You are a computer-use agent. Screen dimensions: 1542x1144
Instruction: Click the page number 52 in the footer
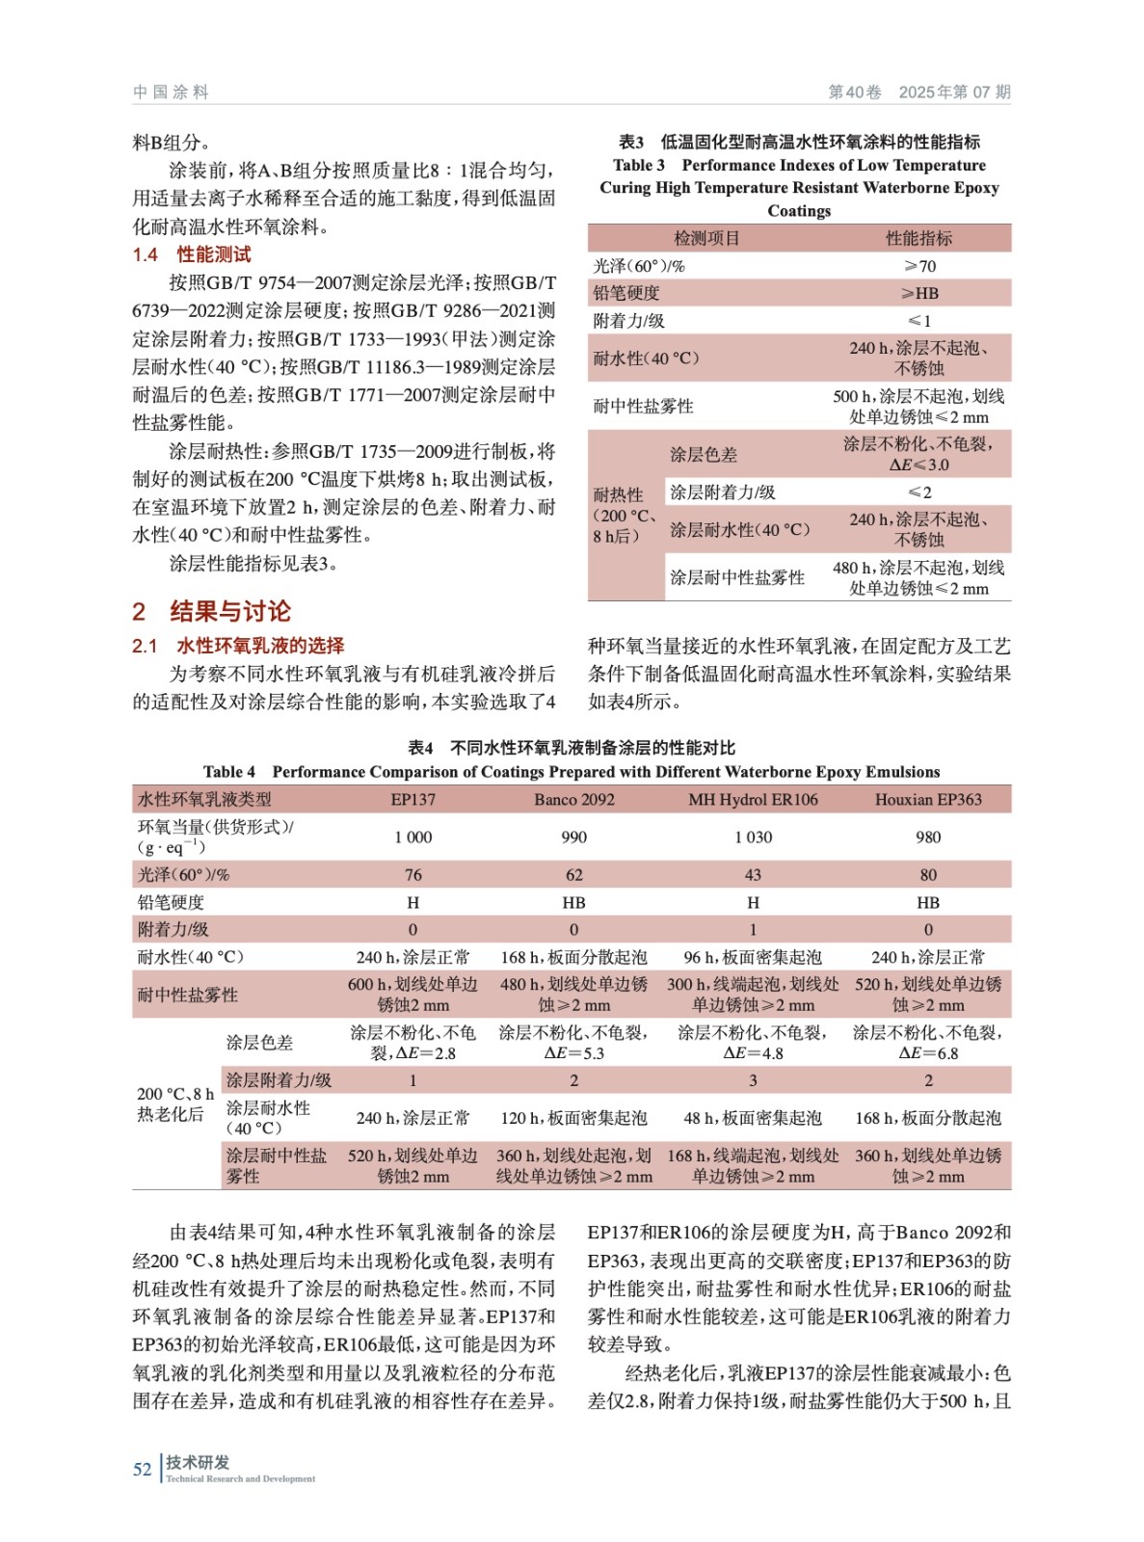[x=142, y=1469]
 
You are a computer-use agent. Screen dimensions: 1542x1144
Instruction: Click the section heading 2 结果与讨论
[x=211, y=611]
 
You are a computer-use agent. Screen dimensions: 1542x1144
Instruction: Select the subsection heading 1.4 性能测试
[x=192, y=254]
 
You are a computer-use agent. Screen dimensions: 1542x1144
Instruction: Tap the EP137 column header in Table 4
[x=412, y=799]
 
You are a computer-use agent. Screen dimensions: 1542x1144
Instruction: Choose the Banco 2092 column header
[x=573, y=799]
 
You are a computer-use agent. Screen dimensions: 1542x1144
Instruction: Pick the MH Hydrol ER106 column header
[x=753, y=799]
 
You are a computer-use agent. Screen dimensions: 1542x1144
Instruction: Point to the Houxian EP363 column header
[x=927, y=799]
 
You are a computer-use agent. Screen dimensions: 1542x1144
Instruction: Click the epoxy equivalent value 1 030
[x=753, y=837]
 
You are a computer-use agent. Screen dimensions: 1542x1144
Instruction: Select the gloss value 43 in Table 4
[x=753, y=874]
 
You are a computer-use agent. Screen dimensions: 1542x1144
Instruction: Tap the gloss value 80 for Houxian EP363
[x=927, y=874]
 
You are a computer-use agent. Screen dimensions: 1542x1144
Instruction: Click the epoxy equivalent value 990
[x=573, y=837]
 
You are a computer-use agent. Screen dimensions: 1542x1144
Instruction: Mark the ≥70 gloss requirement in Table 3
[x=918, y=266]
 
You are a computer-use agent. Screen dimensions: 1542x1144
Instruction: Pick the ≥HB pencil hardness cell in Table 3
[x=918, y=293]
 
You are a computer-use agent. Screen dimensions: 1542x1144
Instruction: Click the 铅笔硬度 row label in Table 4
[x=171, y=902]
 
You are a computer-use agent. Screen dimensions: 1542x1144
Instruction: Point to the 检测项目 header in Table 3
[x=705, y=238]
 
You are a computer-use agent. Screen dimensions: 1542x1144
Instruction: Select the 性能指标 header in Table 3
[x=918, y=238]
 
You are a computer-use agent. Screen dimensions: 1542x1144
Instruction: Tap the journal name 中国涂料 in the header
[x=171, y=92]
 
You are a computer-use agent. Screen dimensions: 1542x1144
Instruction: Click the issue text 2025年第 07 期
[x=954, y=92]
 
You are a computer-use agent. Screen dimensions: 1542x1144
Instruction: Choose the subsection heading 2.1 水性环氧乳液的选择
[x=238, y=646]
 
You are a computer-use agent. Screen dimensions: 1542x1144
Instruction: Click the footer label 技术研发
[x=198, y=1462]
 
